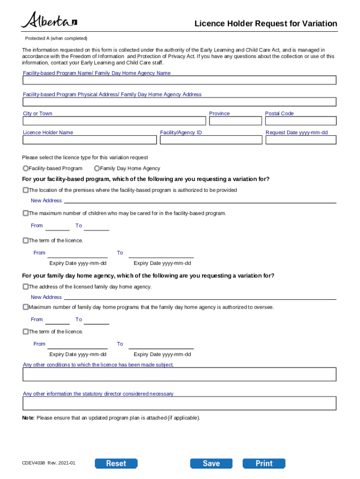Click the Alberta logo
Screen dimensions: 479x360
49,21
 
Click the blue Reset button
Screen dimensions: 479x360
116,463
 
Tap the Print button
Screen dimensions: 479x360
264,463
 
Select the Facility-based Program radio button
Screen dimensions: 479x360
26,168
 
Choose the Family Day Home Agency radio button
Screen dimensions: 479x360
97,168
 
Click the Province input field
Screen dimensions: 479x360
235,121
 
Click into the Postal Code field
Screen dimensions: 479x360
301,121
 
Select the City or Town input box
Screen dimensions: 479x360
114,121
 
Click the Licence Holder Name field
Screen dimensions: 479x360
90,140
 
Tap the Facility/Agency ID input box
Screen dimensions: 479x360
211,140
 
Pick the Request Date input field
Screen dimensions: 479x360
301,140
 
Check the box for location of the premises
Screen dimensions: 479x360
26,190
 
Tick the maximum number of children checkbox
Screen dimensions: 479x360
26,213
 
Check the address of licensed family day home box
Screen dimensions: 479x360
26,287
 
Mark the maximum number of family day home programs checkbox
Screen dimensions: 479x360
26,307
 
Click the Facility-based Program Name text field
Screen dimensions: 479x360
180,80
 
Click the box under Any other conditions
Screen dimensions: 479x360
180,374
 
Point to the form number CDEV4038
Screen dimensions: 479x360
32,463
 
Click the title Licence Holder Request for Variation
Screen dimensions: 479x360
266,24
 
